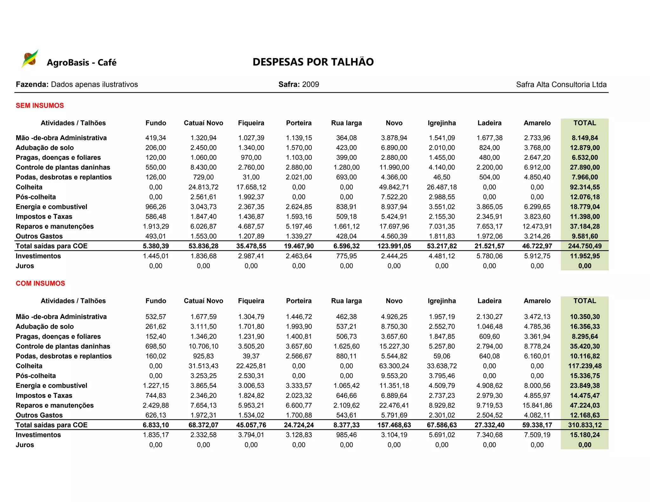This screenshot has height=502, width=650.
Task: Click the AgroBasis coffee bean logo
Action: (x=30, y=59)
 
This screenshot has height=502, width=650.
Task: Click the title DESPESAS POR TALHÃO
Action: (x=313, y=62)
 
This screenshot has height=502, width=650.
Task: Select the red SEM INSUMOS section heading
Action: (x=40, y=106)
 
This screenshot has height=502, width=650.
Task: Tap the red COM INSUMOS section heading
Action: (x=40, y=283)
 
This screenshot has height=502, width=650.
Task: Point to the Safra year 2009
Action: (x=310, y=84)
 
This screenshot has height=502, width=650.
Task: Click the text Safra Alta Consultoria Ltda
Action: (x=561, y=85)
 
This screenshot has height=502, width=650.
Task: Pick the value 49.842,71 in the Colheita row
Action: (x=394, y=187)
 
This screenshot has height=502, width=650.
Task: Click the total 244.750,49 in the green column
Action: (x=585, y=246)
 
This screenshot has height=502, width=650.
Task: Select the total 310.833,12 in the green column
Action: (x=585, y=425)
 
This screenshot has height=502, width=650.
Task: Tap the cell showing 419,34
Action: (x=156, y=138)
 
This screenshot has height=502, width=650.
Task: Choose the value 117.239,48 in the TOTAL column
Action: (x=585, y=366)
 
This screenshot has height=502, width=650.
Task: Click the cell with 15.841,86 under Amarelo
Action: (x=537, y=406)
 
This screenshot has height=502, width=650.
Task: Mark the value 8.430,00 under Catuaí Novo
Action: (x=203, y=168)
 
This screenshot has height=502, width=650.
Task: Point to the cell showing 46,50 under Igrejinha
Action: (x=441, y=177)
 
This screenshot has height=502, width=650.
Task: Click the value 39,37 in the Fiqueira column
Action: (x=251, y=356)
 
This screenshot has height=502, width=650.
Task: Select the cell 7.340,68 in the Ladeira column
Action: (x=489, y=435)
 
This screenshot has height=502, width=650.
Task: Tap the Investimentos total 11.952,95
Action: (x=585, y=256)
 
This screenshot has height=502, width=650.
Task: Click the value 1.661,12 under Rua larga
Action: (x=346, y=227)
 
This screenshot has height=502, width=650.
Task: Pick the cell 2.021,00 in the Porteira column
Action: (x=299, y=177)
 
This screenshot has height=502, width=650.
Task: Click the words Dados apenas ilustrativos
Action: (x=94, y=85)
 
